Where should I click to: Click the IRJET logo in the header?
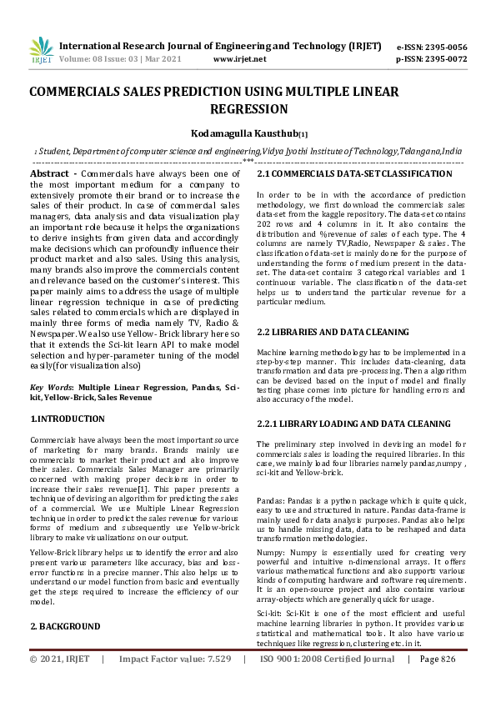coord(41,51)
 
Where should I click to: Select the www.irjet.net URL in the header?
coord(240,59)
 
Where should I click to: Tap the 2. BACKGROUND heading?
coord(65,625)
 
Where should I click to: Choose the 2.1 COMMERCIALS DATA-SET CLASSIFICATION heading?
coord(354,173)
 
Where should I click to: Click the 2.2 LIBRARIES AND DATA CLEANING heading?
coord(333,332)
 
